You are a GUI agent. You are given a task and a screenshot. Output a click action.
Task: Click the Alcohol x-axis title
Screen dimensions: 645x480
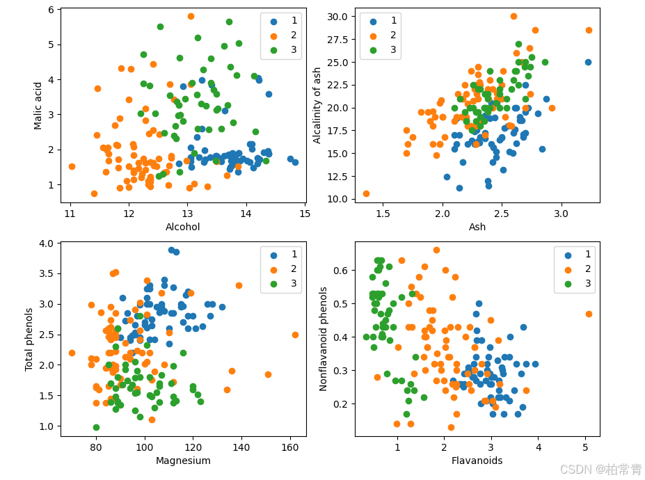pos(182,227)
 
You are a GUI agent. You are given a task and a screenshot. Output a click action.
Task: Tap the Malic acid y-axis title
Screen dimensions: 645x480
pos(38,106)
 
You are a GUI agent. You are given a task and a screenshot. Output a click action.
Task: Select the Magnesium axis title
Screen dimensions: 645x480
pos(183,461)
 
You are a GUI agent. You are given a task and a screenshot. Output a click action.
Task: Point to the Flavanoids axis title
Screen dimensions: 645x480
pos(477,461)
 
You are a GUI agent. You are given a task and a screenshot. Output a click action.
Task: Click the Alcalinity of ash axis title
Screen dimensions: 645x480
pos(317,105)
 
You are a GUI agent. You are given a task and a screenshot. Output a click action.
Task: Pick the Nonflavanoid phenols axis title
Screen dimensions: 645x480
pos(324,339)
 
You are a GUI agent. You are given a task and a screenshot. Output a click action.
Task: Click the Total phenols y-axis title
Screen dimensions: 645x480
pos(29,339)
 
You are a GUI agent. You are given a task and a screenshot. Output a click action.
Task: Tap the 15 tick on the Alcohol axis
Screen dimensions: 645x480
pos(305,214)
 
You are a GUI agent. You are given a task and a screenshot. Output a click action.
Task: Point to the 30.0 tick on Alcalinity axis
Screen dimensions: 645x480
pos(337,17)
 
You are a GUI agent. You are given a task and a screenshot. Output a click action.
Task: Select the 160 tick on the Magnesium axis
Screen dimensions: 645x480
pos(290,447)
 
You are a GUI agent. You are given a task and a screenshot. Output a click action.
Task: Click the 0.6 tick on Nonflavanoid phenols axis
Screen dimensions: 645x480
pos(341,270)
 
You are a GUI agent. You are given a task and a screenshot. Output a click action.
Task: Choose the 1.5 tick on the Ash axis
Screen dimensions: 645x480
pos(383,214)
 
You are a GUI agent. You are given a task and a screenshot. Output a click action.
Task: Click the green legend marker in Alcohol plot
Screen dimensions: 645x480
pos(273,50)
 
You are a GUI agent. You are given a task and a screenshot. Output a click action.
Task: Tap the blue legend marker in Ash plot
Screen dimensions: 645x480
pos(373,22)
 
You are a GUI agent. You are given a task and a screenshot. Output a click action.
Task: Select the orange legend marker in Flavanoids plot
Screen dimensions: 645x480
pos(568,270)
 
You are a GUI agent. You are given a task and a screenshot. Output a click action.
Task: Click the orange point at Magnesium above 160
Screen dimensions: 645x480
pos(295,335)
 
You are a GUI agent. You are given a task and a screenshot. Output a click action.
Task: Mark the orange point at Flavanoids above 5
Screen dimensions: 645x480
pos(589,314)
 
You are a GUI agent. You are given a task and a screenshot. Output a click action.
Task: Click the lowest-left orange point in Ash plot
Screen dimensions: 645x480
pos(366,193)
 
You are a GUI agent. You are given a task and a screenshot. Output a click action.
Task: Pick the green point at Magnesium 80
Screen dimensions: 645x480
pos(96,427)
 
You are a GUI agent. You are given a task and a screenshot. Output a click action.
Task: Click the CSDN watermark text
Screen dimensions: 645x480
pos(600,470)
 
